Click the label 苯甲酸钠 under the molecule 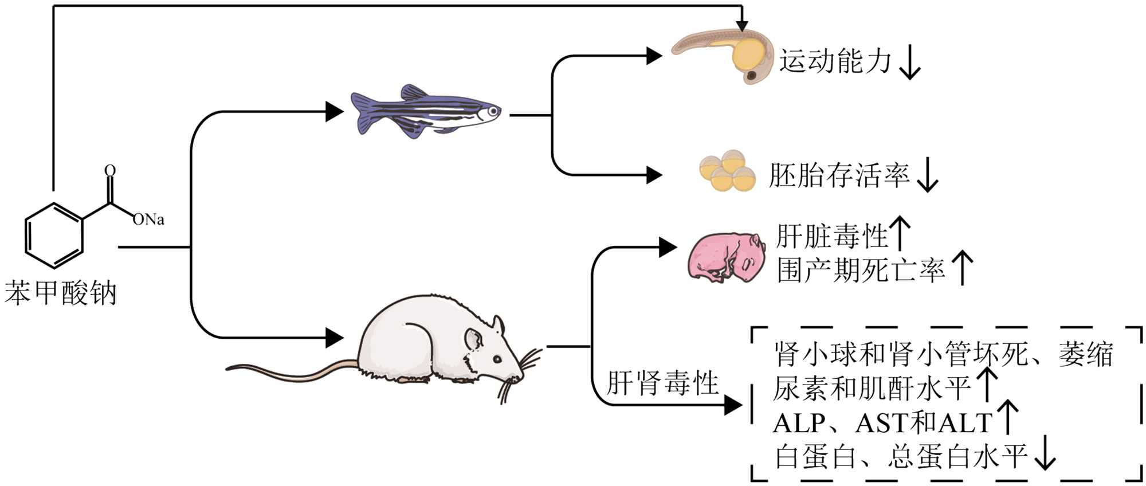click(61, 293)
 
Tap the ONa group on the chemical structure click(148, 220)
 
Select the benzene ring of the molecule click(54, 236)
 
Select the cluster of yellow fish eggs click(727, 170)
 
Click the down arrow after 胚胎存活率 click(927, 176)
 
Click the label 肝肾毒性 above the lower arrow click(662, 383)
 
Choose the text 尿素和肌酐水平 click(871, 389)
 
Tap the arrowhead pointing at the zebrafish click(335, 111)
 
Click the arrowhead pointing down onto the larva click(742, 26)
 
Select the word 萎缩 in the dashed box click(1085, 354)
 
